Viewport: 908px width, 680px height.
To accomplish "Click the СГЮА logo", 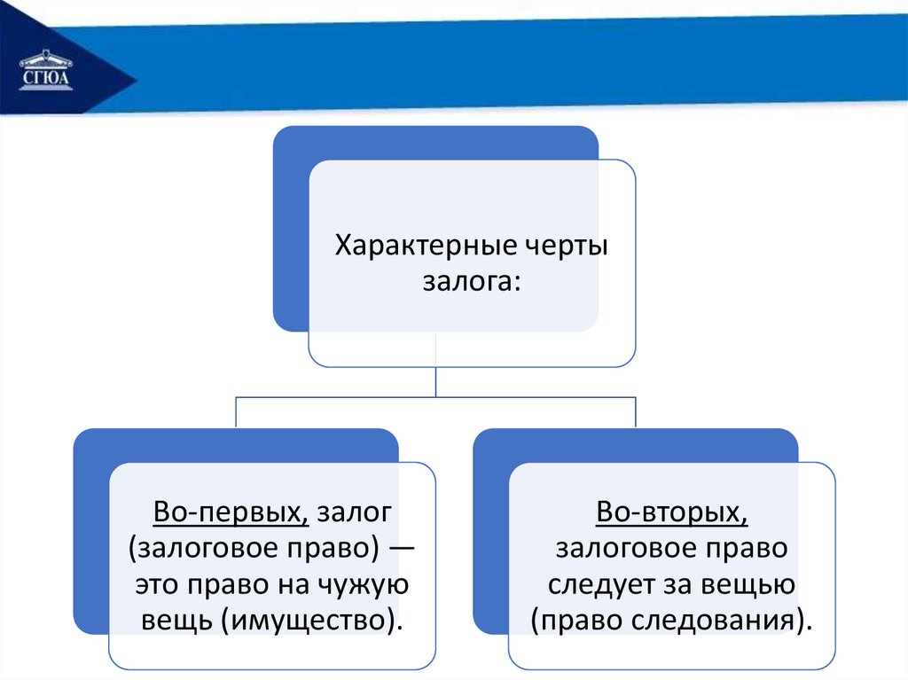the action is point(46,71).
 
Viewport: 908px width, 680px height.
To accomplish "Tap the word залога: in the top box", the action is point(472,282).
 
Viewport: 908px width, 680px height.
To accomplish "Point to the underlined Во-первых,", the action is point(231,512).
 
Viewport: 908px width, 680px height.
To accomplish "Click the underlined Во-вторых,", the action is point(672,512).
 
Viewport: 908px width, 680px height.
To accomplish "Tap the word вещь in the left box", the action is point(176,621).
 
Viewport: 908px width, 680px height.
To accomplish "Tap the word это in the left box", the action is point(157,585).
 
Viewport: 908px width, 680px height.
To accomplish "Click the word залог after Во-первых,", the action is point(355,512).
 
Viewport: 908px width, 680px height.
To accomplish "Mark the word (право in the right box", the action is point(576,621).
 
